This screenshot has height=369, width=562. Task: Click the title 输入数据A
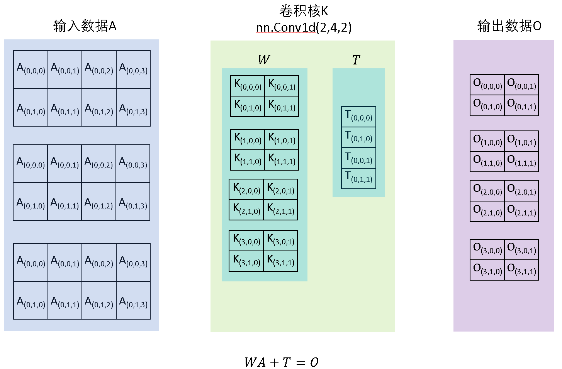tap(85, 26)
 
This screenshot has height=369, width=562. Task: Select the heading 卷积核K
tap(304, 11)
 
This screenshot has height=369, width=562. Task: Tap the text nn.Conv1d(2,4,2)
tap(304, 27)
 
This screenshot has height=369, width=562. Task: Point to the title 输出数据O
tap(509, 26)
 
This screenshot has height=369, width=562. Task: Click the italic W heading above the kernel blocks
tap(264, 60)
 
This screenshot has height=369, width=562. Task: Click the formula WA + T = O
tap(281, 362)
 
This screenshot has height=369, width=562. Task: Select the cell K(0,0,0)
tap(248, 86)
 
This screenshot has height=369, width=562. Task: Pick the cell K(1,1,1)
tap(282, 160)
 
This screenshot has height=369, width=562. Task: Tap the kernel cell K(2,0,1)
tap(280, 189)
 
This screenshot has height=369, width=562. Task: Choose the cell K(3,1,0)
tap(246, 261)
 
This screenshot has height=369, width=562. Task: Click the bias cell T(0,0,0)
tap(358, 117)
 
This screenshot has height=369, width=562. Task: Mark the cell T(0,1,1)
tap(358, 178)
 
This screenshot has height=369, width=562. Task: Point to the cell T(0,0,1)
tap(358, 158)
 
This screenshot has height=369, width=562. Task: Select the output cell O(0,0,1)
tap(521, 85)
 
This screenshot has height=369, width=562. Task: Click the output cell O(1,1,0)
tap(487, 161)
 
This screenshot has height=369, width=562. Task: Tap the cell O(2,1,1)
tap(521, 211)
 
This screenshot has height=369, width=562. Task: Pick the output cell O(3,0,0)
tap(487, 249)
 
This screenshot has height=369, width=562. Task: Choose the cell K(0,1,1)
tap(282, 106)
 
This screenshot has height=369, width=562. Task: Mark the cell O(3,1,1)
tap(521, 270)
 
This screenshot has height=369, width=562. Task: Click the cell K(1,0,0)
tap(248, 139)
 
